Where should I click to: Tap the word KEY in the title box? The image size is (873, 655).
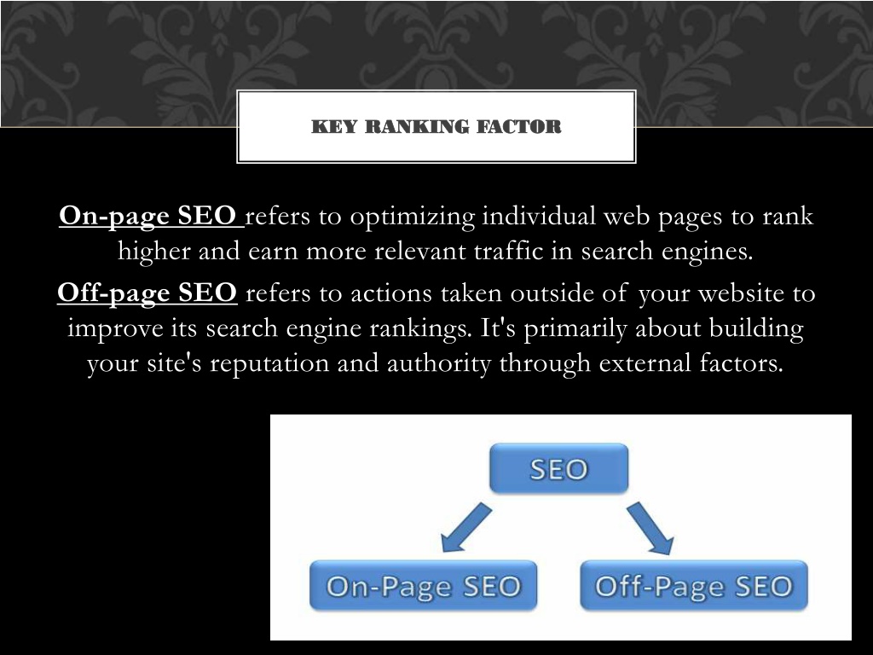(334, 126)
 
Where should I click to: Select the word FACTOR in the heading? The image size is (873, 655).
(519, 126)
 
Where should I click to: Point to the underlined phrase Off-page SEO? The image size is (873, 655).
(147, 293)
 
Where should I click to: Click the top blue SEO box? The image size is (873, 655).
(559, 468)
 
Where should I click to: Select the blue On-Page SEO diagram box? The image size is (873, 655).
(423, 585)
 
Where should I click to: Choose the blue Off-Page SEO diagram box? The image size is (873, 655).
(694, 585)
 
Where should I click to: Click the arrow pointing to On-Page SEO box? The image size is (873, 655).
(466, 527)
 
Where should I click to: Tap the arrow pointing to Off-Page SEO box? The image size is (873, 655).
(650, 528)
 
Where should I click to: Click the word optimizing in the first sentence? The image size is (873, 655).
(413, 217)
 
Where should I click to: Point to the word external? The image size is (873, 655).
(645, 363)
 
